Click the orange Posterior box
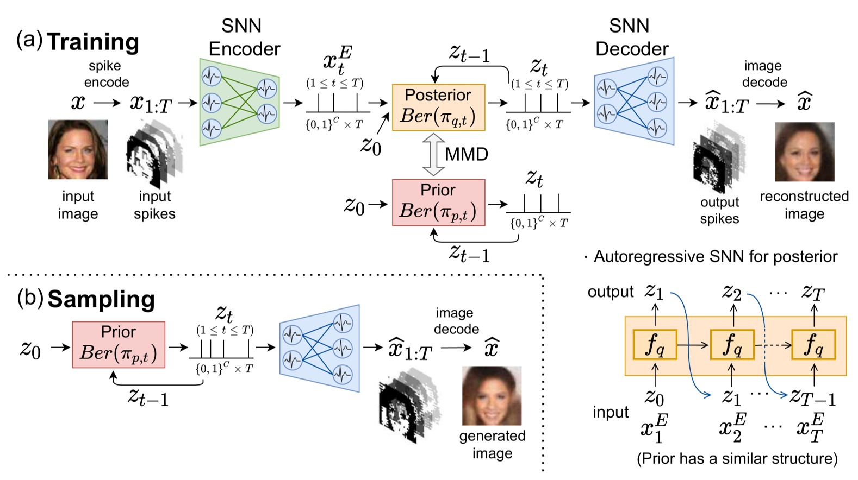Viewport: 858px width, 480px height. coord(438,107)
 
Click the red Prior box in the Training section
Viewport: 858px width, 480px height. coord(438,202)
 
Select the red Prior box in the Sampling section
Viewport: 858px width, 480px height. coord(119,344)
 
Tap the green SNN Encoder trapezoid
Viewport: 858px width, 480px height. coord(239,102)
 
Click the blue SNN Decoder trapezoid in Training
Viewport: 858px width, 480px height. coord(634,102)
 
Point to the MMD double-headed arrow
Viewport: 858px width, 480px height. coord(433,155)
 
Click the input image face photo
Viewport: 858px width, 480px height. coord(78,150)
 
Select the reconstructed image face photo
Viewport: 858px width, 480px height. coord(804,151)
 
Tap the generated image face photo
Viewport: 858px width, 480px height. coord(492,396)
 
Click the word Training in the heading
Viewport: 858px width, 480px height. coord(93,42)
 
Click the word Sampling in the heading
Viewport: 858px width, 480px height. coord(101,299)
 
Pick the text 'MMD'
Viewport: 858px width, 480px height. coord(466,155)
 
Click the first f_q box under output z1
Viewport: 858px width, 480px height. coord(655,345)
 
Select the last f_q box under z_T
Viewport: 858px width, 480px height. coord(813,345)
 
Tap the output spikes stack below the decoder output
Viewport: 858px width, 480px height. coord(718,157)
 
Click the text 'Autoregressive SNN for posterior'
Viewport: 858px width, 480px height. coord(715,256)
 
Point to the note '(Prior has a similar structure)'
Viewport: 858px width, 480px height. coord(737,459)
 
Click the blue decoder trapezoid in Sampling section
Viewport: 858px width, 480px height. coord(320,348)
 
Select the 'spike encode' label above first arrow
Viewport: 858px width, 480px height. coord(106,74)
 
